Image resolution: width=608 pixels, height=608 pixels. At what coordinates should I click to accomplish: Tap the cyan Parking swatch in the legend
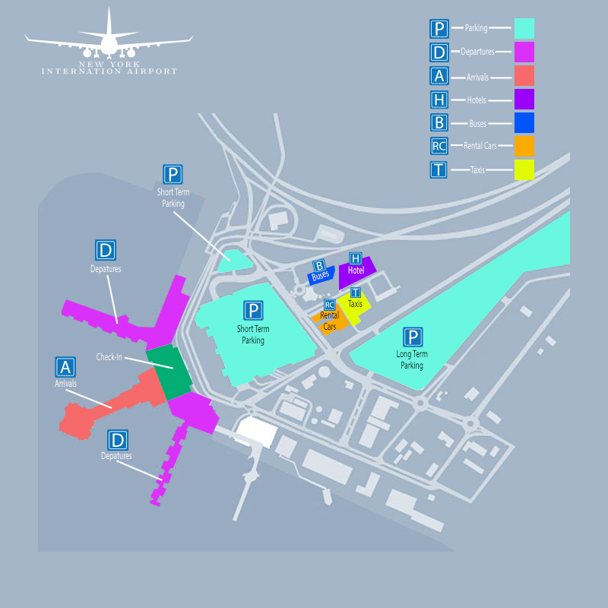524,28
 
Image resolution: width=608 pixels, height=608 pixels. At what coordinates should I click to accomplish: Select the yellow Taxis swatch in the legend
524,169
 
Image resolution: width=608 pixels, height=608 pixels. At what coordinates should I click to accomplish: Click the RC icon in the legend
439,146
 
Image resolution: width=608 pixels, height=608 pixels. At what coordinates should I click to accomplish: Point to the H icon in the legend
439,100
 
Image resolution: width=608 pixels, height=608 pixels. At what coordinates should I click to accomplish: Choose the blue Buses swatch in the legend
524,122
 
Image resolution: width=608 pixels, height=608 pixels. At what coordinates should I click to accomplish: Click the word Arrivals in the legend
477,78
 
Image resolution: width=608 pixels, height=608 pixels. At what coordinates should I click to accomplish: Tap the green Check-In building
169,372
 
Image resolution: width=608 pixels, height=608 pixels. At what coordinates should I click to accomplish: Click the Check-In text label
109,356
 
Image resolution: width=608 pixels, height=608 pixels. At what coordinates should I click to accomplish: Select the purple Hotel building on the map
355,271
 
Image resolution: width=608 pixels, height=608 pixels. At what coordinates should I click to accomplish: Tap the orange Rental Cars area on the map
331,320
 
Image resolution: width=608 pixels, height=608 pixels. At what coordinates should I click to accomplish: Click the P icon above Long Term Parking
413,337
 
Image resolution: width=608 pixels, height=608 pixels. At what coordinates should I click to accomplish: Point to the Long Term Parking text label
412,359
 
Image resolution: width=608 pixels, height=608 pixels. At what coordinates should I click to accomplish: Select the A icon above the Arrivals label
65,367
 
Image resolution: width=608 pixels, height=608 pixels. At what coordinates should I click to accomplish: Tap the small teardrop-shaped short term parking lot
234,261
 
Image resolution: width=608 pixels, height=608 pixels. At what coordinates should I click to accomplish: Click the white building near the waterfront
257,431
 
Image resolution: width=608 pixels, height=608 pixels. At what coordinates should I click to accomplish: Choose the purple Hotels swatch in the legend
524,100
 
